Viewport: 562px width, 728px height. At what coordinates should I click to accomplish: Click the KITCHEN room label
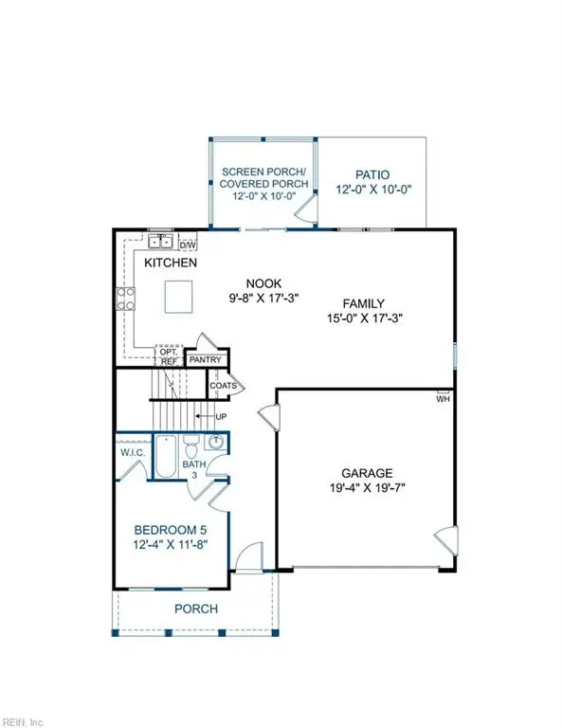pos(171,263)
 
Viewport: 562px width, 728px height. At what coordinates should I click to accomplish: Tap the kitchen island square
pos(180,297)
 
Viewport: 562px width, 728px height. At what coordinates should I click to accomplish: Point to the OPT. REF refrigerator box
pos(169,355)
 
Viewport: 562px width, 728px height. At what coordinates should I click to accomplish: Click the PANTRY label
pos(206,360)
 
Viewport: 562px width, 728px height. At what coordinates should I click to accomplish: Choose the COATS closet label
pos(222,385)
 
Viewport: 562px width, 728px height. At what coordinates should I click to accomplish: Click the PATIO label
pos(372,174)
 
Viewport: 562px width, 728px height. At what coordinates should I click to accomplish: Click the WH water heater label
pos(442,399)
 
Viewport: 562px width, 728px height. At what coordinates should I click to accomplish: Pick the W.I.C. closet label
pos(132,452)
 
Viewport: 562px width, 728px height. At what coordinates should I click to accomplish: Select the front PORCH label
pos(196,609)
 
